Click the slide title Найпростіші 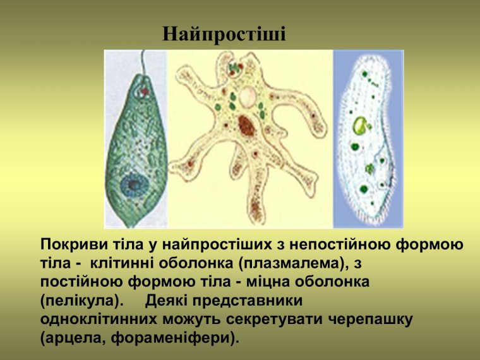pos(224,34)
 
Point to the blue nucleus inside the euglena pos(133,184)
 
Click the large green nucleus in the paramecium pos(361,125)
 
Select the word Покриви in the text pos(70,244)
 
